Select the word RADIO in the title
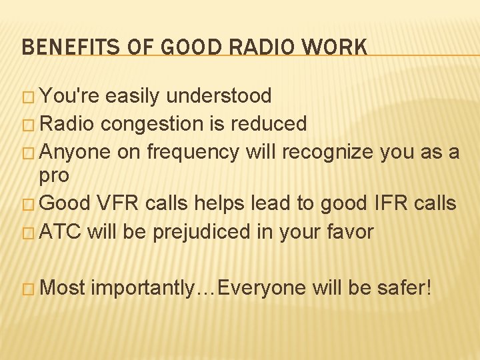pos(253,47)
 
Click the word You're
pos(69,96)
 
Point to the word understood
pos(219,96)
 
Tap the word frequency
pos(193,153)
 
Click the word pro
pos(53,177)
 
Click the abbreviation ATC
pos(61,232)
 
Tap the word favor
pos(349,232)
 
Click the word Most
pos(63,288)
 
